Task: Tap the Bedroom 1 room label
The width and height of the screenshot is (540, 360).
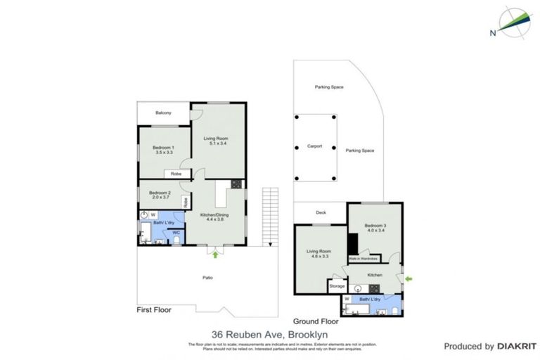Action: (163, 150)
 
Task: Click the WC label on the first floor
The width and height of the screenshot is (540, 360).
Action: (176, 232)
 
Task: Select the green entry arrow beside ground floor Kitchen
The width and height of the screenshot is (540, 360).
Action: (409, 279)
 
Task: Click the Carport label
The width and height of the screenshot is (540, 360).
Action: (314, 146)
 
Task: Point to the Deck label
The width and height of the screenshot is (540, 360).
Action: (321, 212)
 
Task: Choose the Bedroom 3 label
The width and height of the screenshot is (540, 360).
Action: (375, 228)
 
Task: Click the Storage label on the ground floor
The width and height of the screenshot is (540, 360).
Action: (337, 286)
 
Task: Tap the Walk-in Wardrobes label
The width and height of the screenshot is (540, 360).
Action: (364, 259)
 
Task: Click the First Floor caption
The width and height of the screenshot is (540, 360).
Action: (154, 309)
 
